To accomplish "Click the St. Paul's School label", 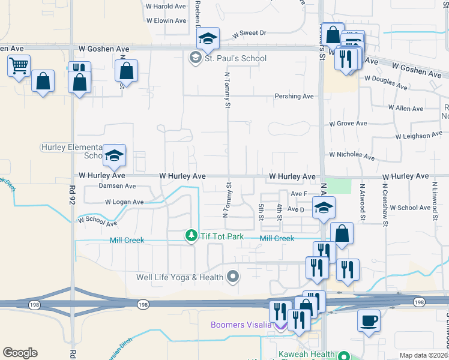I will coord(235,58).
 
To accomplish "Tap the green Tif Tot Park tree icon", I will coord(191,236).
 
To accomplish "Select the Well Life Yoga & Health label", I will coord(179,277).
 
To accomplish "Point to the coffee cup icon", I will coord(369,320).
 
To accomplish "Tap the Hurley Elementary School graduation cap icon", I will coord(114,156).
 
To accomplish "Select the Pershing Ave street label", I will coord(294,96).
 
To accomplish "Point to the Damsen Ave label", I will coord(118,187).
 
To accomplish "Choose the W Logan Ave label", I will coord(124,202).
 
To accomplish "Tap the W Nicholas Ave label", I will coord(351,157).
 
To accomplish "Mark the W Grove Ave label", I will coord(348,124).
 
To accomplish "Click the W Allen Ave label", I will coord(406,109).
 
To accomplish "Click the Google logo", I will coord(20,352).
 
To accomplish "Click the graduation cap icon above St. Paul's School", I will coord(208,39).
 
